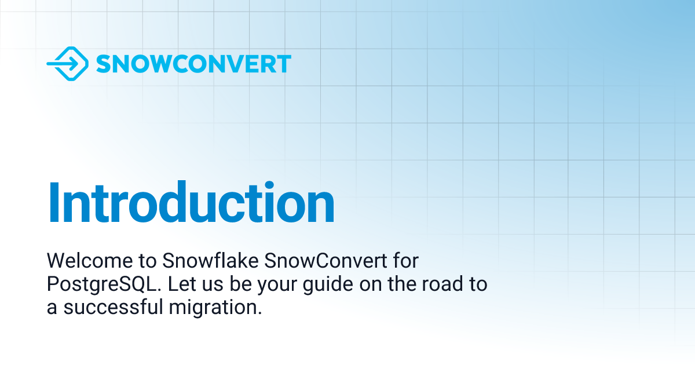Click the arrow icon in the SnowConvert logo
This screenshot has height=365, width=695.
click(67, 64)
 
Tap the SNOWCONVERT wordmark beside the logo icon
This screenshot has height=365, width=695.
click(193, 64)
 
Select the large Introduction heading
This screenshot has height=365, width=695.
click(191, 203)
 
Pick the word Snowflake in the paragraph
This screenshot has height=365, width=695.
click(211, 261)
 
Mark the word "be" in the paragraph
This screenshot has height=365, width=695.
click(230, 284)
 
